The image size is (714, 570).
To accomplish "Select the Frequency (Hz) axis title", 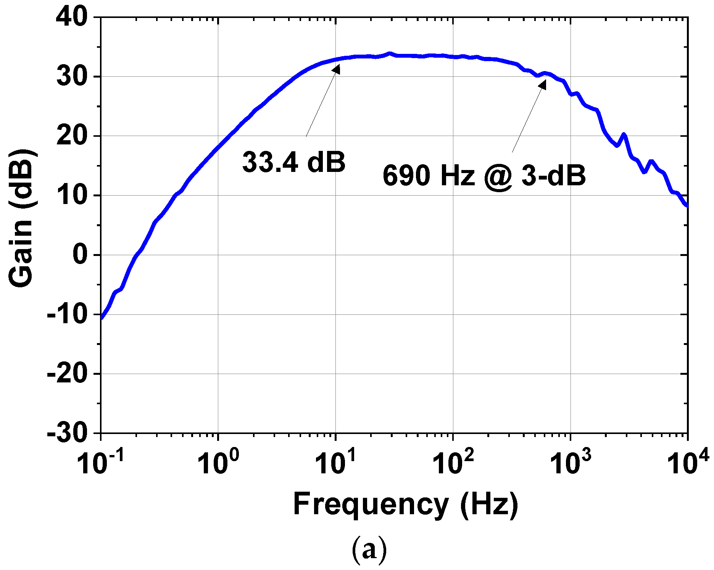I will click(x=406, y=505).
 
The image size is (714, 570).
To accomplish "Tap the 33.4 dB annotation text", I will click(x=294, y=162).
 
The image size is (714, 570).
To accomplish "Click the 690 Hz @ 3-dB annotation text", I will click(x=484, y=176).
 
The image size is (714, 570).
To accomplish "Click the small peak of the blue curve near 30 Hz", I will click(x=389, y=53).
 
